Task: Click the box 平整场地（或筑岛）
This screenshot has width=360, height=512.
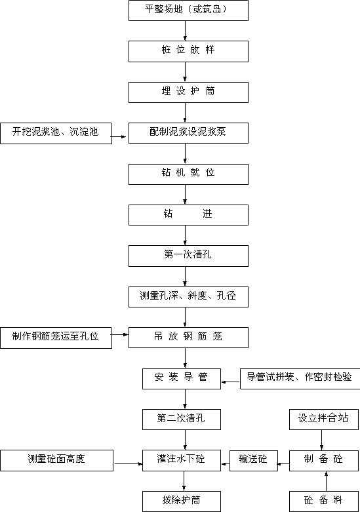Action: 188,10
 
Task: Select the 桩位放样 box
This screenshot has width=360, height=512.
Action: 188,51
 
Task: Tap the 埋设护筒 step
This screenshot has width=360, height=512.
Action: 188,92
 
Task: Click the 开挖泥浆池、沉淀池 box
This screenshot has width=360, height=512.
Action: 56,133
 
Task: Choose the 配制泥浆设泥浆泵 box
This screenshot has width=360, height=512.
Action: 188,133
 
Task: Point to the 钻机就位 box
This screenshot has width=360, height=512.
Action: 188,174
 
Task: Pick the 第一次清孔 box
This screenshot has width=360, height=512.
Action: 188,256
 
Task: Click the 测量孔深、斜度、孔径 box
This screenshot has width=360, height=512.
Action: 188,297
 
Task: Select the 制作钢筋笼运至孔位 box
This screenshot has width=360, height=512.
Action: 56,338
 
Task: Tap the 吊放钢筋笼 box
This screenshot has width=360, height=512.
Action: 188,338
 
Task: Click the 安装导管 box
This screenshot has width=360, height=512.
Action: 182,379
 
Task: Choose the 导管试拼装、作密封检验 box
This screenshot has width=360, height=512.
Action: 300,379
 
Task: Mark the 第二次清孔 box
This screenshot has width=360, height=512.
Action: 182,420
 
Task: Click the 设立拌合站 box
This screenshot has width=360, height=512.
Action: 324,420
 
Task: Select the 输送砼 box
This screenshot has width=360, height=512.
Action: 254,461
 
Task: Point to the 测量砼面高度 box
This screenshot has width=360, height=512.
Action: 57,460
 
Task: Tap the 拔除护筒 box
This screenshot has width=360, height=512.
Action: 182,502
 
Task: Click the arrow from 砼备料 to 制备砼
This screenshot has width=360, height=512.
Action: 326,481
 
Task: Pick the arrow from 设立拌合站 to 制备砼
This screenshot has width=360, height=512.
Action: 322,440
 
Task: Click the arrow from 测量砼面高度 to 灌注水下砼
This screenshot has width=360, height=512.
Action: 128,463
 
